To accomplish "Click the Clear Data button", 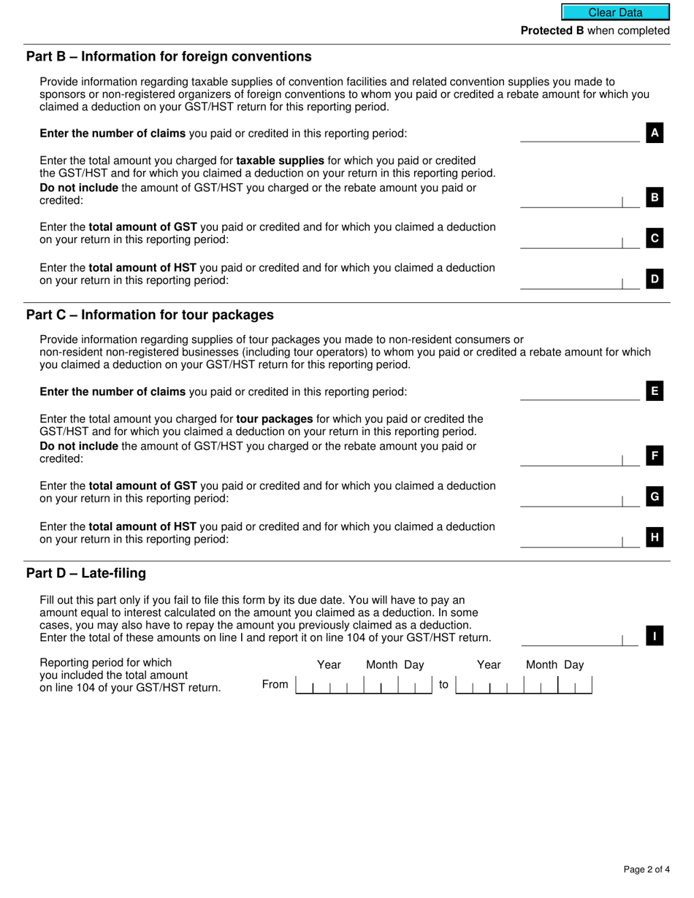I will tap(615, 12).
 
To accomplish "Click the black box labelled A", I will tap(655, 133).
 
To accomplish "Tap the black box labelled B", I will tap(655, 197).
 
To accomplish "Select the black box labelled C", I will tap(655, 238).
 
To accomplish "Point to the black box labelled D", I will tap(655, 278).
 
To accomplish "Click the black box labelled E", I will tap(655, 391).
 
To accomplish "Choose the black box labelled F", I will tap(655, 456).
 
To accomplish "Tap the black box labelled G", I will tap(655, 497).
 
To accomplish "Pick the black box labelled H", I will tap(655, 538).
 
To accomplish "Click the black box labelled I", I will tap(655, 637).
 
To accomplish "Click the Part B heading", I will tap(169, 57).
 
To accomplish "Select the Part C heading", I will tap(150, 315).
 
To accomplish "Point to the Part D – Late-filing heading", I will tap(86, 574).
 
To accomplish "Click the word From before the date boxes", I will tap(275, 685).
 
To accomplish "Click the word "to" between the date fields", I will tap(443, 685).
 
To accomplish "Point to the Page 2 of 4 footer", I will tap(647, 870).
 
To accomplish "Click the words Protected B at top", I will tap(552, 31).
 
